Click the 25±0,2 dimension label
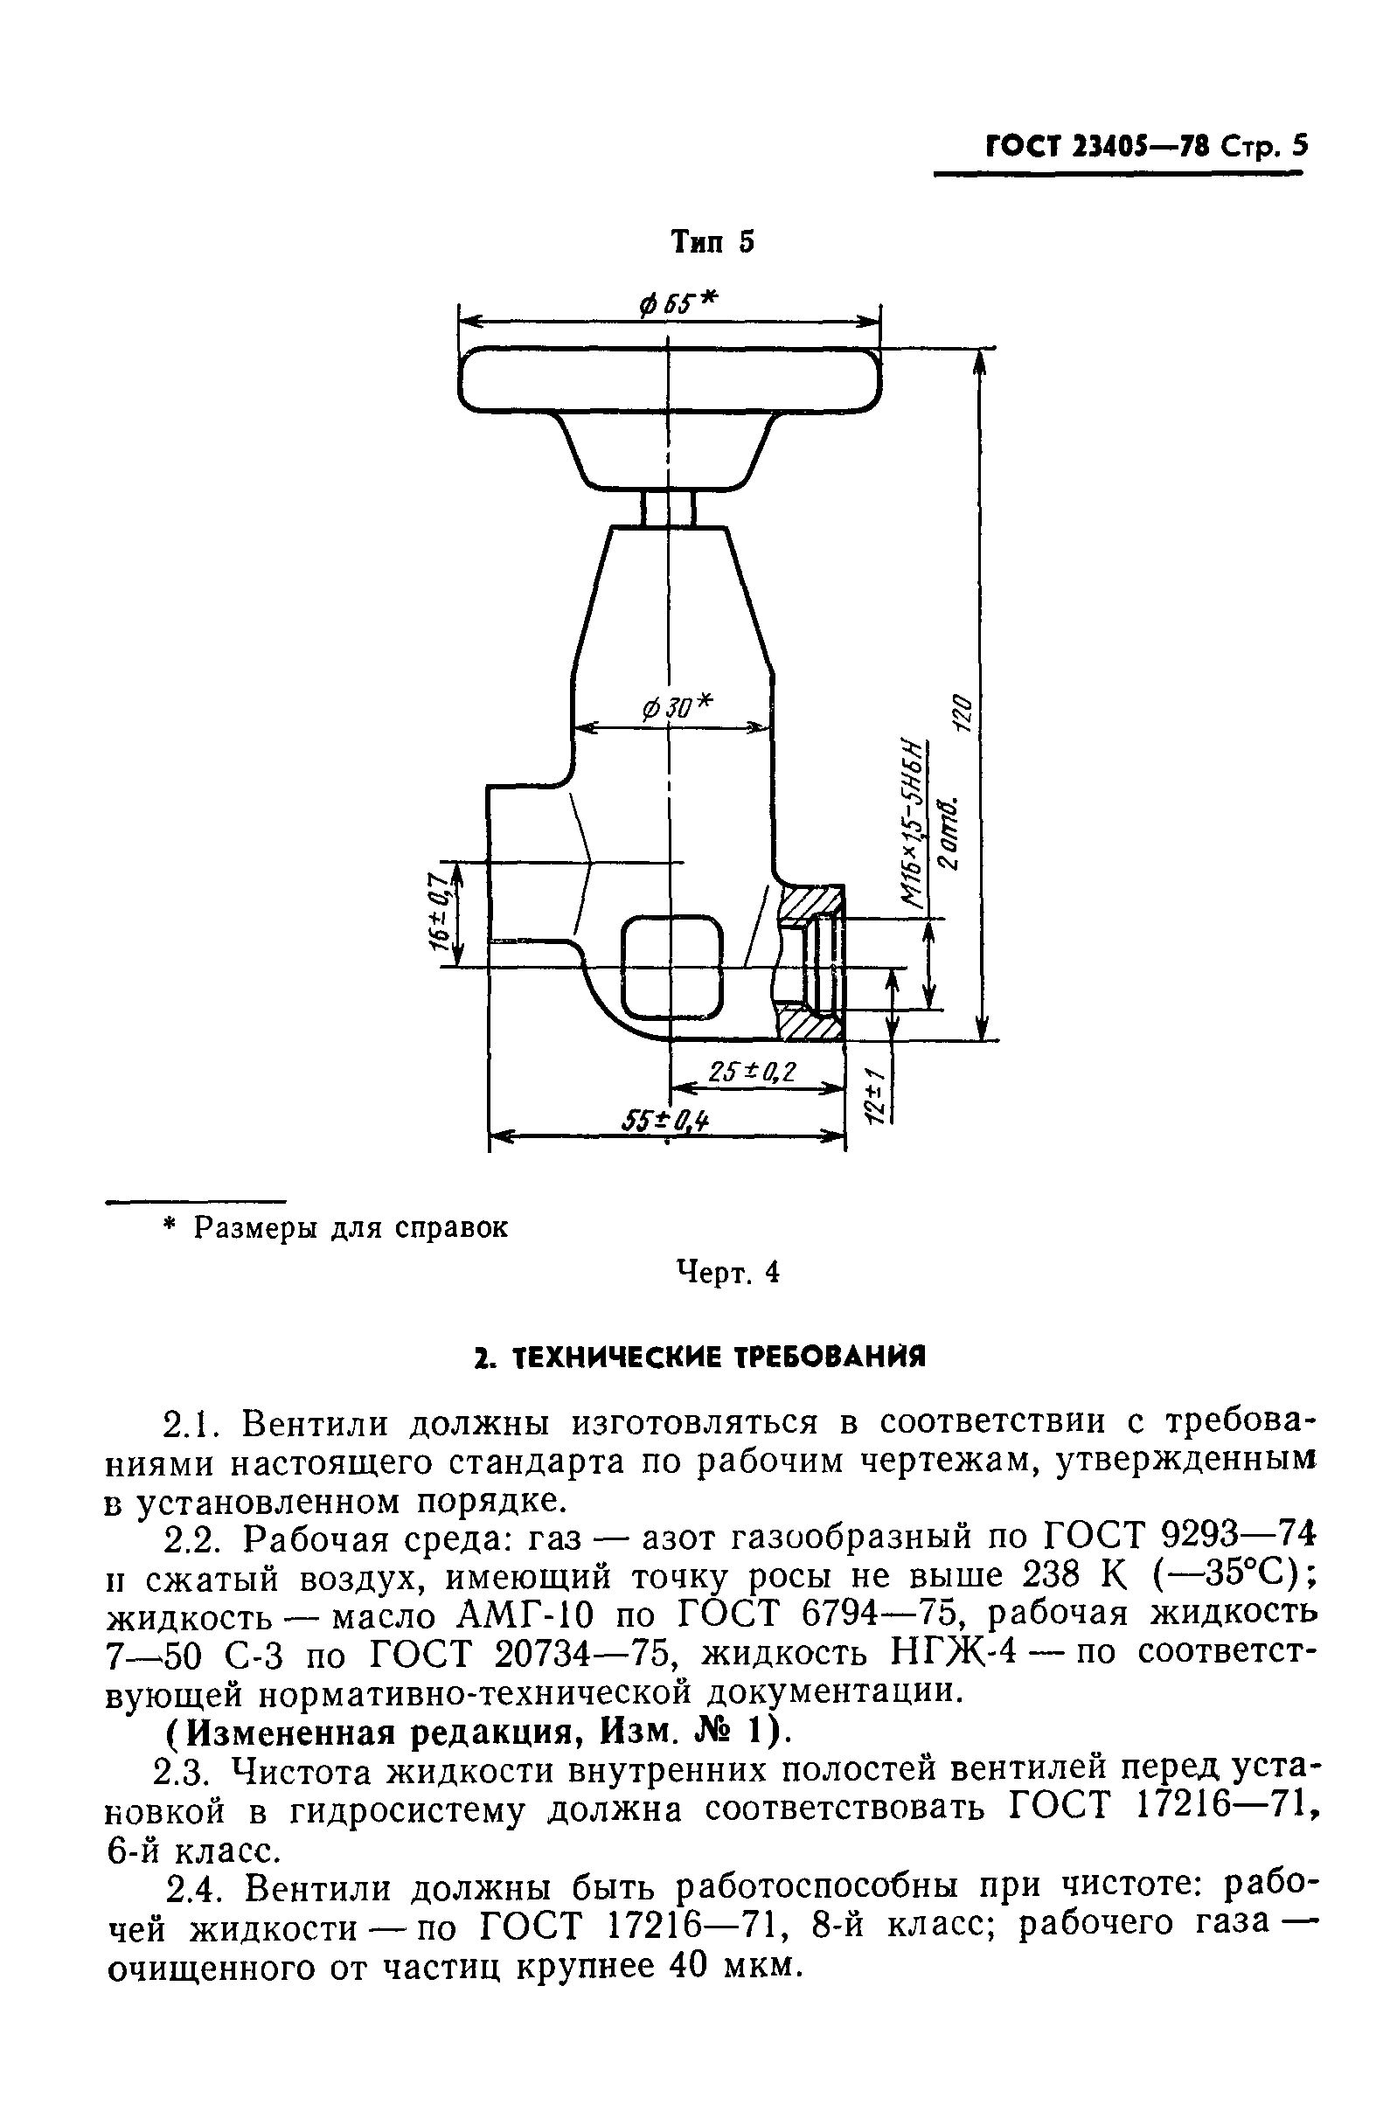[x=752, y=1073]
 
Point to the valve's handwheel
[x=669, y=381]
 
